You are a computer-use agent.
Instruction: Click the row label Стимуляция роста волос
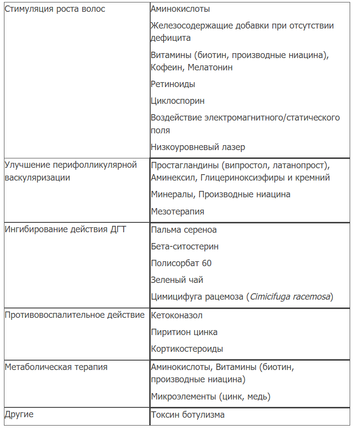point(55,9)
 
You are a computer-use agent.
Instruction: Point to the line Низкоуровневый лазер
point(198,147)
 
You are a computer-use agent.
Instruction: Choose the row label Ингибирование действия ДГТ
point(65,230)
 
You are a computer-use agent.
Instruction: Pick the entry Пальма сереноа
point(184,230)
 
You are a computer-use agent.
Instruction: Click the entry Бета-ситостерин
point(185,246)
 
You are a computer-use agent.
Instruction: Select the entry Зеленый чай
point(177,280)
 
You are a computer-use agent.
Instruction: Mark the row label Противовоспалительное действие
point(74,315)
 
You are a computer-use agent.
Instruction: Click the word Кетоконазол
point(177,315)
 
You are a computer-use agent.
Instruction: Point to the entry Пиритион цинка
point(184,332)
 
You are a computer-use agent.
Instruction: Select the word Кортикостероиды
point(187,349)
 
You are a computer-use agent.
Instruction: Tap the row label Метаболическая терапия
point(56,368)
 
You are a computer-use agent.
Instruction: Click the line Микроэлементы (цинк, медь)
point(211,397)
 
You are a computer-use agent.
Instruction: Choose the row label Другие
point(19,415)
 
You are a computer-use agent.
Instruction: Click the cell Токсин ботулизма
point(188,415)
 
